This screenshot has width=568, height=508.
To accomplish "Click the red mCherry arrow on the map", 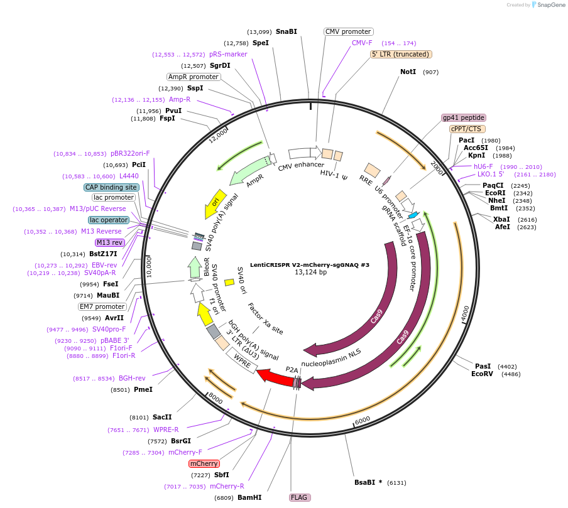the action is [x=275, y=377].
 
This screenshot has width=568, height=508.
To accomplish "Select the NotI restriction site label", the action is [x=408, y=72].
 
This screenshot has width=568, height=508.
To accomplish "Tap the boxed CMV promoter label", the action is [x=348, y=31].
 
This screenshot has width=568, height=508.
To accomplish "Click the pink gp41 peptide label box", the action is [x=463, y=117].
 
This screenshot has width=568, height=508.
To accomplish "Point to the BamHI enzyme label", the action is [x=249, y=497].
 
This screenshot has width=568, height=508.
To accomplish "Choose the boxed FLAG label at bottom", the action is [x=299, y=497].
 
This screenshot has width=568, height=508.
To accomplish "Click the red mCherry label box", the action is [x=204, y=463].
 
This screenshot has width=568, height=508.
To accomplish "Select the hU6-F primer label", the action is [x=483, y=166].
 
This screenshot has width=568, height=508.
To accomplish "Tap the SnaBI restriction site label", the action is [x=286, y=31].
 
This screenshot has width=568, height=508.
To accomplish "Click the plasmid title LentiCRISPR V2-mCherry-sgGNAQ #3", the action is [x=310, y=265].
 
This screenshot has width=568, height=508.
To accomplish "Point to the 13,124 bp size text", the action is [x=310, y=272].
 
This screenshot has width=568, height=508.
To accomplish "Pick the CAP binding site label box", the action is [x=111, y=187].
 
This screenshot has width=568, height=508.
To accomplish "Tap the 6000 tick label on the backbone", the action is [x=363, y=420].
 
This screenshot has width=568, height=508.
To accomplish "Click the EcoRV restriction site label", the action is [x=482, y=374].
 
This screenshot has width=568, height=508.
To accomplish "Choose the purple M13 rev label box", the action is [x=110, y=242].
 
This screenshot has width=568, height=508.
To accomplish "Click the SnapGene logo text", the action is [x=550, y=4].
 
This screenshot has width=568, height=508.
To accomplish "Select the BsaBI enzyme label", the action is [x=364, y=482].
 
